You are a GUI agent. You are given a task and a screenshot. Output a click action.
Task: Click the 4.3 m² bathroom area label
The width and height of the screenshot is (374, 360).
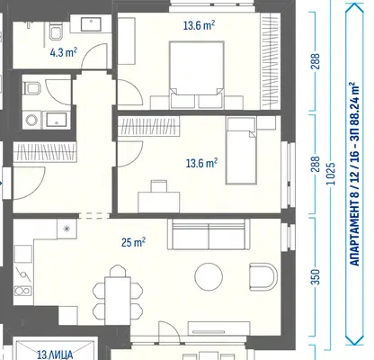tap(64, 52)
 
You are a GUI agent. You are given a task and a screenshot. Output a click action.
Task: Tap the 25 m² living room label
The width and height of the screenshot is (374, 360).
tap(133, 242)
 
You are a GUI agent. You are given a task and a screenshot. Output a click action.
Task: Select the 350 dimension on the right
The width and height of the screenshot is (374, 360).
tap(316, 276)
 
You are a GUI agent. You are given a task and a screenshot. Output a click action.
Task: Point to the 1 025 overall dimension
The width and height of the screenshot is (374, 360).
tap(331, 174)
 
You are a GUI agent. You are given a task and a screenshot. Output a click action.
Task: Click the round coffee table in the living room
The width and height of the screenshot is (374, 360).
tap(209, 276)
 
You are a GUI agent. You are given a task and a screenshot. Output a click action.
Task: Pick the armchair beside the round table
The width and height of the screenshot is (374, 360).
tap(263, 276)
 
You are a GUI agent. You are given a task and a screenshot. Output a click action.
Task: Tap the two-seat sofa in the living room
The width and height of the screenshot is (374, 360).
tap(209, 234)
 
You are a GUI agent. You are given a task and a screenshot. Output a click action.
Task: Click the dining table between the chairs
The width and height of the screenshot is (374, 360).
tap(118, 301)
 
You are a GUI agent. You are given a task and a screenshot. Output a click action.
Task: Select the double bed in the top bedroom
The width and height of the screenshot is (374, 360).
tap(197, 75)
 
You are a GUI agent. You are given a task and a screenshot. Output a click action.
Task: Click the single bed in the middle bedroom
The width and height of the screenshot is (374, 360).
tap(241, 150)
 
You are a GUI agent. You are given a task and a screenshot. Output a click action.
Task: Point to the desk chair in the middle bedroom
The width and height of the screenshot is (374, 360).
tap(159, 186)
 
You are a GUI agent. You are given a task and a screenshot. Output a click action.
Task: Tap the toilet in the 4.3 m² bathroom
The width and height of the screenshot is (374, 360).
tap(56, 31)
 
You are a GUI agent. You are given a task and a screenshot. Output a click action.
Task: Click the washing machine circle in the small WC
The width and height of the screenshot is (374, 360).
tap(31, 121)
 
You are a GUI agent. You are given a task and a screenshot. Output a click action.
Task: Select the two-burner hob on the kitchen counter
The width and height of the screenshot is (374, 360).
tap(22, 291)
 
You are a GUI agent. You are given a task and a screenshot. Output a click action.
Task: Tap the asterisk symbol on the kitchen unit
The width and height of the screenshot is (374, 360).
tap(67, 229)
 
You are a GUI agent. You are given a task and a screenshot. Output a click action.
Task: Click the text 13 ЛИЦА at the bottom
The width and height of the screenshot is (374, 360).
tap(55, 355)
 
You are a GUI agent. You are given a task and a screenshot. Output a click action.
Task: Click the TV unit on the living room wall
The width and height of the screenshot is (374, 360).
tap(219, 328)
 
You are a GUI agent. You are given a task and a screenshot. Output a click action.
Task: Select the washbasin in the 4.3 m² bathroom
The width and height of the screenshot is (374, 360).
tap(91, 24)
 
